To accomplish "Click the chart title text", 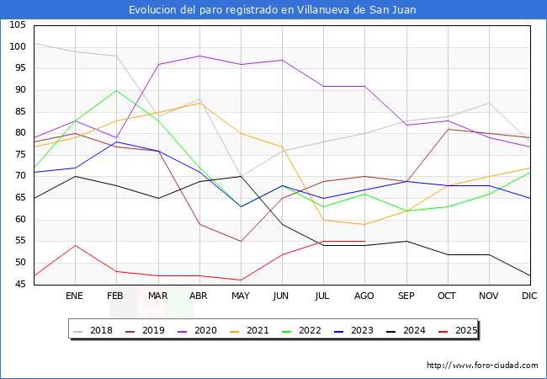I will (273, 10).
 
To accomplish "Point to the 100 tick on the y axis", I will (17, 47).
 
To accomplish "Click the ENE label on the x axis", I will (75, 296).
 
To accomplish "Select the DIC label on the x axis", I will (529, 296).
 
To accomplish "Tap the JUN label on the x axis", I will (282, 296).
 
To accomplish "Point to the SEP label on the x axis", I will (406, 296).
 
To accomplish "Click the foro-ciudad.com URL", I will (482, 366).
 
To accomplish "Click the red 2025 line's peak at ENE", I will (75, 245).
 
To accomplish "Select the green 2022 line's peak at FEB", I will (116, 90).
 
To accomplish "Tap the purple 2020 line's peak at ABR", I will (199, 56).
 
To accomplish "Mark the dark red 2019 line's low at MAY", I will (241, 242).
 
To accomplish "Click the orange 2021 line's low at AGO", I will (364, 224).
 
